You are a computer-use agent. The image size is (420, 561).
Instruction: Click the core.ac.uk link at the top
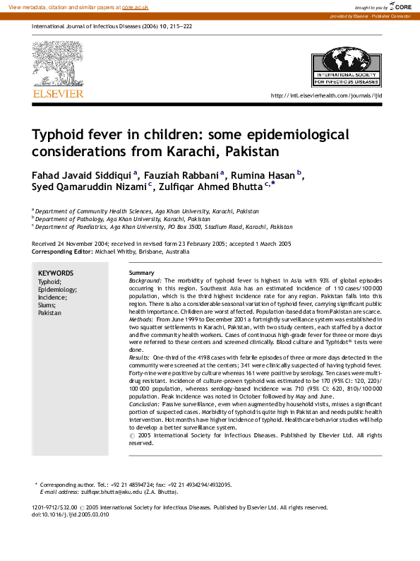coord(136,6)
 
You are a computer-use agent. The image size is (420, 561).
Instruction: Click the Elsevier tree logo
coord(57,64)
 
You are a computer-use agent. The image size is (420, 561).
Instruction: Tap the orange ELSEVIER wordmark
coord(58,94)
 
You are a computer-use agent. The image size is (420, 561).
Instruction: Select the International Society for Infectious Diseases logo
coord(346,66)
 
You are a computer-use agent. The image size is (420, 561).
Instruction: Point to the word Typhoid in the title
coord(58,134)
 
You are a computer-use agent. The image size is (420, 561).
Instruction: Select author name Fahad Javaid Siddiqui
coord(81,174)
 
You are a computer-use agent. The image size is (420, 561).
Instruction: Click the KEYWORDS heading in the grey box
coord(55,273)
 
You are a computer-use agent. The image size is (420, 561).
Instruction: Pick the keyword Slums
coord(47,305)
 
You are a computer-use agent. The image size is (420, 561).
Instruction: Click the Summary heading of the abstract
coord(142,273)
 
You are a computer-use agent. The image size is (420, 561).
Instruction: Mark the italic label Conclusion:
coord(145,405)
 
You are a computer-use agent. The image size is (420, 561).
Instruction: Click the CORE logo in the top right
coord(399,6)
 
